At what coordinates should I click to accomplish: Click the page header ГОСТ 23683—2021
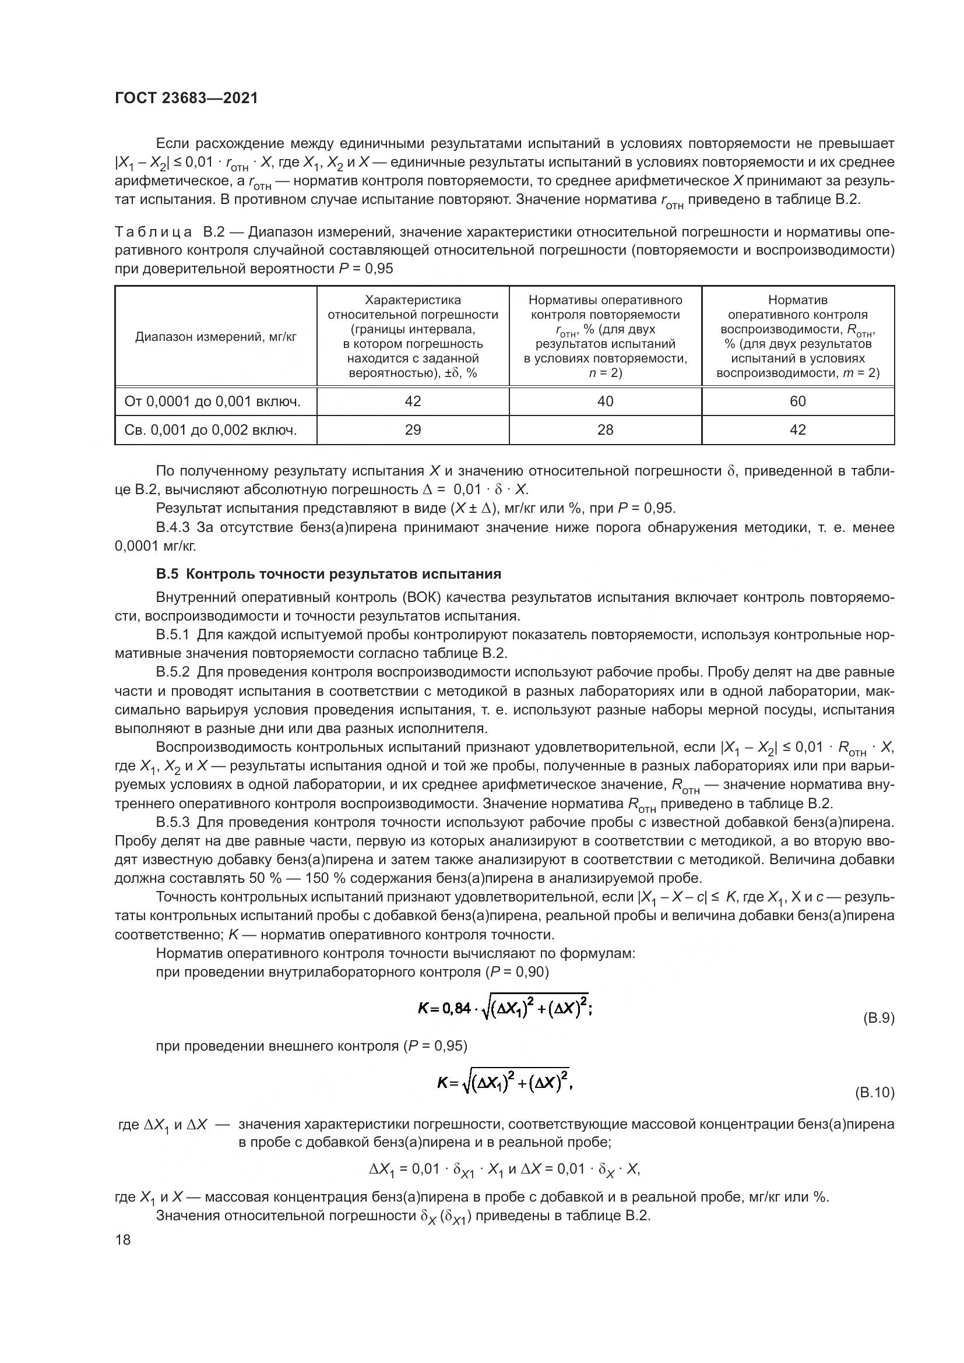187,98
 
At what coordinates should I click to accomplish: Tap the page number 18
123,1239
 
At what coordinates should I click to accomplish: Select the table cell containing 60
797,401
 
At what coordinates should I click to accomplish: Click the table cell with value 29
413,430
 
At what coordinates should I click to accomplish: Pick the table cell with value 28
605,430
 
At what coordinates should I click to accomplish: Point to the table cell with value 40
605,401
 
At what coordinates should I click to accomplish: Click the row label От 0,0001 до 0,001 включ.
213,402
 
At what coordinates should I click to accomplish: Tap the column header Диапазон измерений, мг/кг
216,337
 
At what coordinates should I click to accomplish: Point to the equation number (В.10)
874,1092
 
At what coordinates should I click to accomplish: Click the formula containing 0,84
505,1007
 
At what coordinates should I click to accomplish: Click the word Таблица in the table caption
153,231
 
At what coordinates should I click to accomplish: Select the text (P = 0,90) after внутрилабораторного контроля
516,973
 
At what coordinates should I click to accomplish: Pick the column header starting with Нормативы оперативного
605,336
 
